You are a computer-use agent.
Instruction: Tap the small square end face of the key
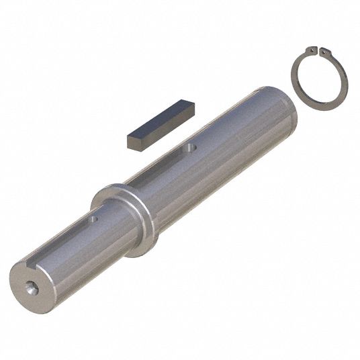click(134, 142)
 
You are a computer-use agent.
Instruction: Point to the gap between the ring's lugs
click(319, 50)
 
